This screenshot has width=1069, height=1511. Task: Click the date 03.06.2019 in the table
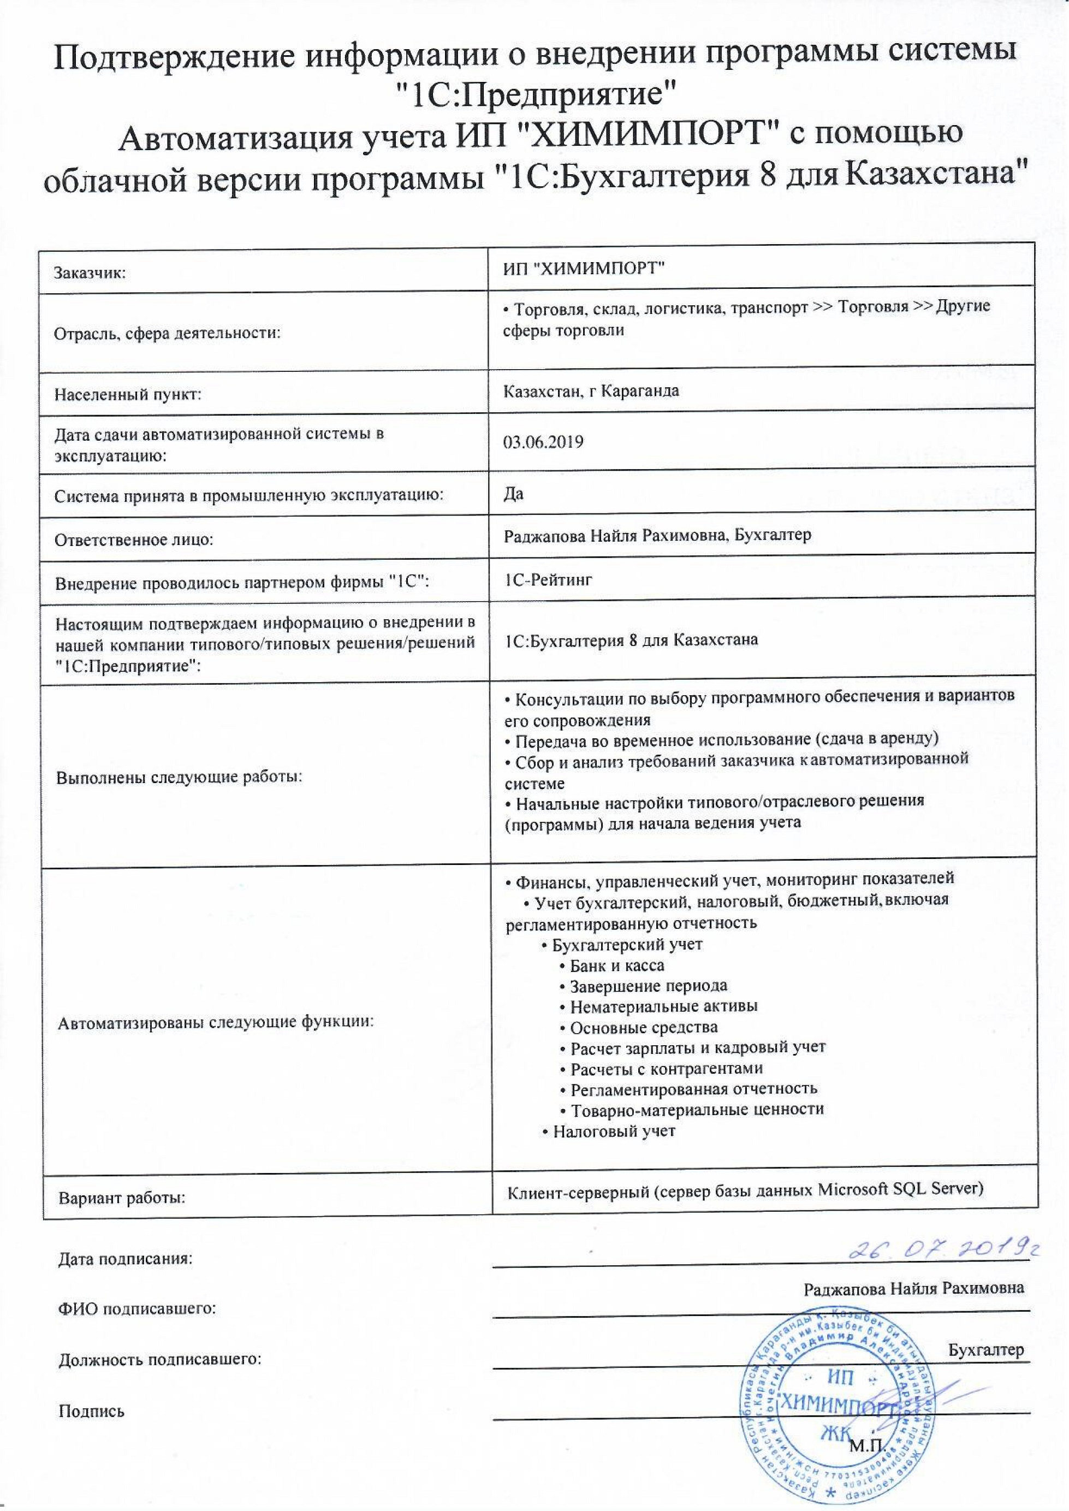(543, 441)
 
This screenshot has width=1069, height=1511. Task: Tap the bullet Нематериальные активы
(663, 1006)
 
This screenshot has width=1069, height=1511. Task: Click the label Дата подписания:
(126, 1259)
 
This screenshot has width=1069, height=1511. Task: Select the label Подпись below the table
(92, 1411)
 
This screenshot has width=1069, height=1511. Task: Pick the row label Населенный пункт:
(128, 395)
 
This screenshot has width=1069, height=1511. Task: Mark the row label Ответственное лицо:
(134, 541)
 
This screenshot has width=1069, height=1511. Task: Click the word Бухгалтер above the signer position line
(986, 1350)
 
